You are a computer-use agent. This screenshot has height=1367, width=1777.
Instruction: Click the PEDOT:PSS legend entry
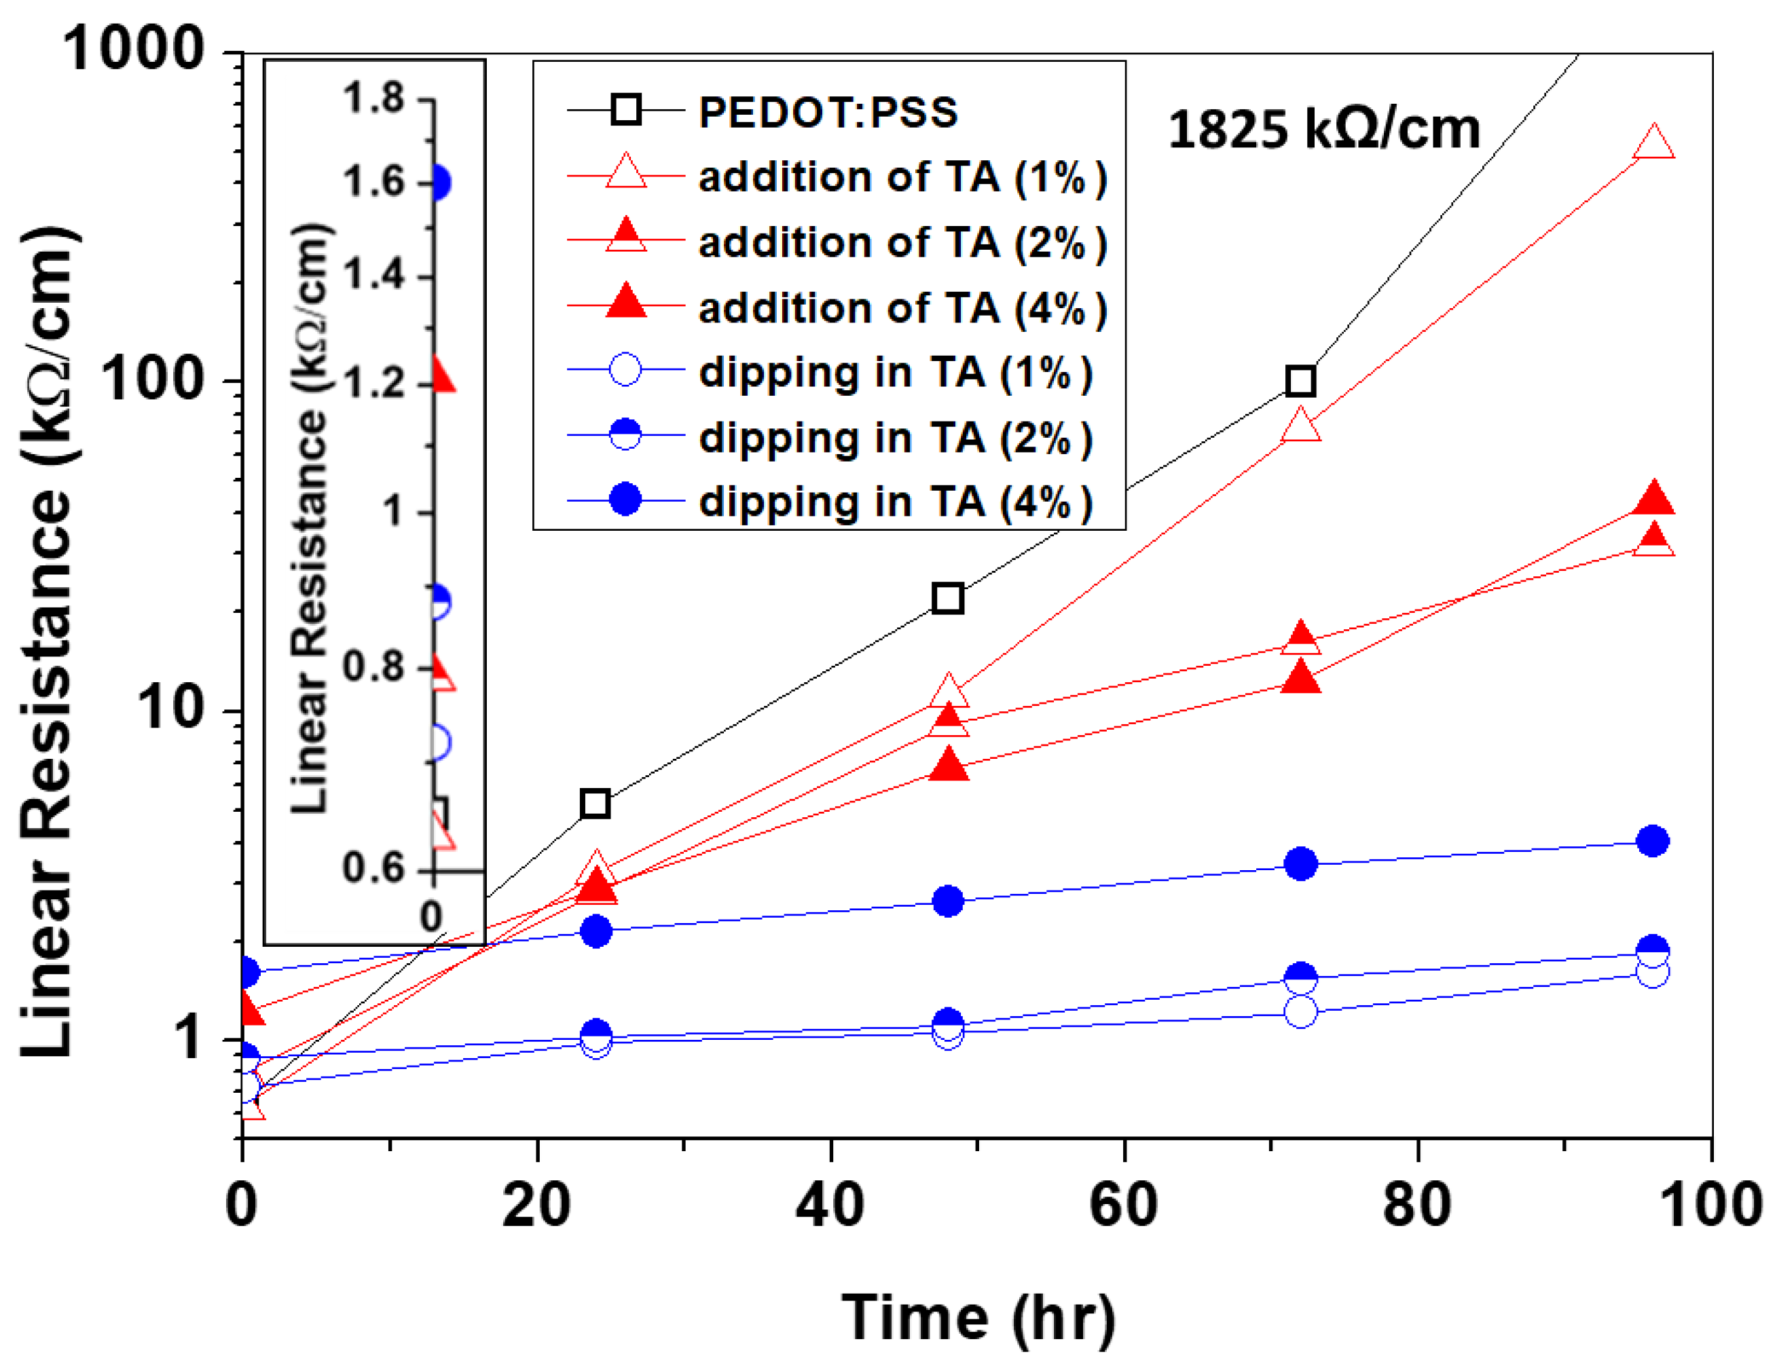pos(828,111)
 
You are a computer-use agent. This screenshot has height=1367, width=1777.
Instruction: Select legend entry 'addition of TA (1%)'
pos(902,176)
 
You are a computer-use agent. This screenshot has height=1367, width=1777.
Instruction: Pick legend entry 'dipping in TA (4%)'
pos(895,501)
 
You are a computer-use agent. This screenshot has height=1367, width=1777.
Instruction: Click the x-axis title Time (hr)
pos(978,1317)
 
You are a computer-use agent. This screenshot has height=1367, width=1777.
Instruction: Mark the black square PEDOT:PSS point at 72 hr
pos(1300,381)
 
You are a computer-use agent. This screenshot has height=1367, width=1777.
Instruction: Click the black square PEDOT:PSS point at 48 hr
pos(948,599)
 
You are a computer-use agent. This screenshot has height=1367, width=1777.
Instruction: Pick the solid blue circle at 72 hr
pos(1300,863)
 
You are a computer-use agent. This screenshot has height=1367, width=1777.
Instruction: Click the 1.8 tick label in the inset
pos(373,98)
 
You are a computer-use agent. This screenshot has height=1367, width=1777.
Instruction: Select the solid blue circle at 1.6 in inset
pos(438,182)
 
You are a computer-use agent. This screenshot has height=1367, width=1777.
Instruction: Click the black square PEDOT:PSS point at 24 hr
pos(596,804)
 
